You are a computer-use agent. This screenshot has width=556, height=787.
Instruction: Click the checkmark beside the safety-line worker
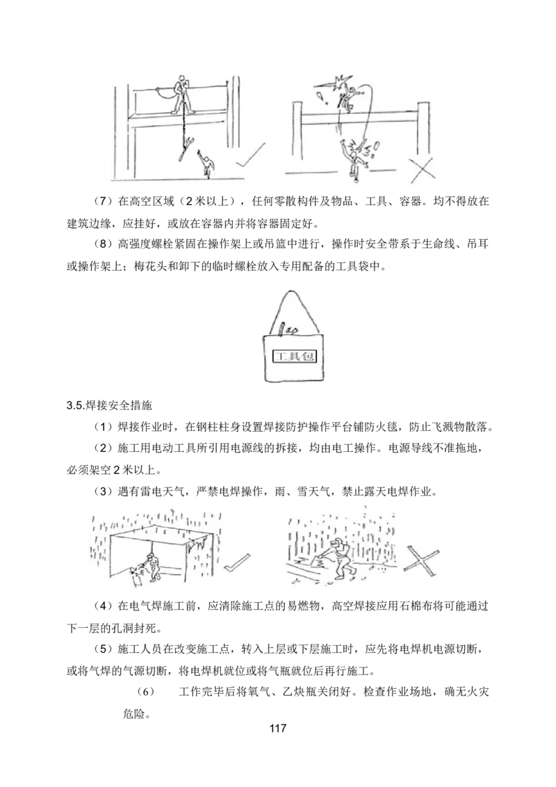(250, 157)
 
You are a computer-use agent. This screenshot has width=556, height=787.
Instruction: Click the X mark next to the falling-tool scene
(422, 169)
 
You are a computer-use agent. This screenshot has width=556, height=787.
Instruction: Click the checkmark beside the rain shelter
(237, 562)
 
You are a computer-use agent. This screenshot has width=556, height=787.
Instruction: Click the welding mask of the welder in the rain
(338, 544)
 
